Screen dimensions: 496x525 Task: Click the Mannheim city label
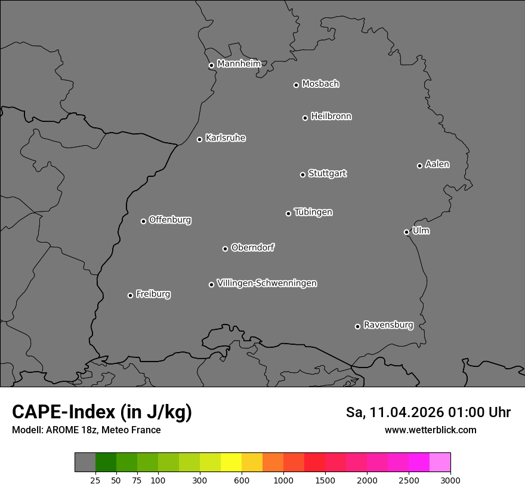click(x=239, y=64)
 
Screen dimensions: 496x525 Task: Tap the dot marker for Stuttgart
click(x=302, y=174)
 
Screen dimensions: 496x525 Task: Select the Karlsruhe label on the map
click(x=225, y=138)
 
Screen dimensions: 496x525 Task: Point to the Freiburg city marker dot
click(x=130, y=295)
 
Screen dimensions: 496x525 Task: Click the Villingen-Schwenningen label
click(x=267, y=283)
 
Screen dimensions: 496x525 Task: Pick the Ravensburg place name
click(x=388, y=325)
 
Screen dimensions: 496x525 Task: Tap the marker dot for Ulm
click(x=406, y=232)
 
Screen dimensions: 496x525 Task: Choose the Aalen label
click(x=437, y=164)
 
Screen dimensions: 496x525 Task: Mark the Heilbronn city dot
click(x=305, y=118)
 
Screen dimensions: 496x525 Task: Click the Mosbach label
click(x=320, y=84)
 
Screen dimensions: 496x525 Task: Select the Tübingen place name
click(x=313, y=212)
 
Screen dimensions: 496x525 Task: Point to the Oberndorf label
click(x=252, y=247)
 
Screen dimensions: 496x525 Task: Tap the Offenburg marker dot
click(x=143, y=221)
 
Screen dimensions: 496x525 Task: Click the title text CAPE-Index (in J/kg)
click(x=102, y=412)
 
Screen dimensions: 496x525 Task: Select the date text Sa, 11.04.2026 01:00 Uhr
click(x=428, y=412)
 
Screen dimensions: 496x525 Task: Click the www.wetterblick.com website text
click(x=430, y=430)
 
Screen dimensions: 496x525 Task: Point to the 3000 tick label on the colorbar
click(x=450, y=480)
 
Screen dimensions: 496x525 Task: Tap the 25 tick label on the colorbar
click(x=95, y=480)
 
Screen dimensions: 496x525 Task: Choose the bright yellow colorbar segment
click(x=231, y=463)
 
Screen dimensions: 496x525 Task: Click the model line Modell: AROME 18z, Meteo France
click(x=86, y=430)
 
